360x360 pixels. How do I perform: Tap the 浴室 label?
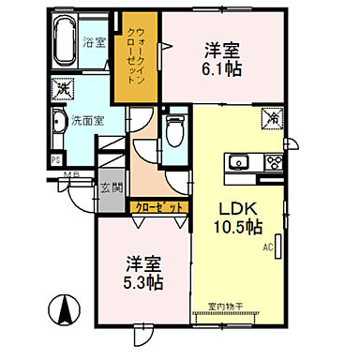point(94,42)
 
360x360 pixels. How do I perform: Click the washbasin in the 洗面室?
point(55,121)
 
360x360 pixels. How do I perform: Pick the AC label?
point(267,247)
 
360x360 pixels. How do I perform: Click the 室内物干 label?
point(226,305)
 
